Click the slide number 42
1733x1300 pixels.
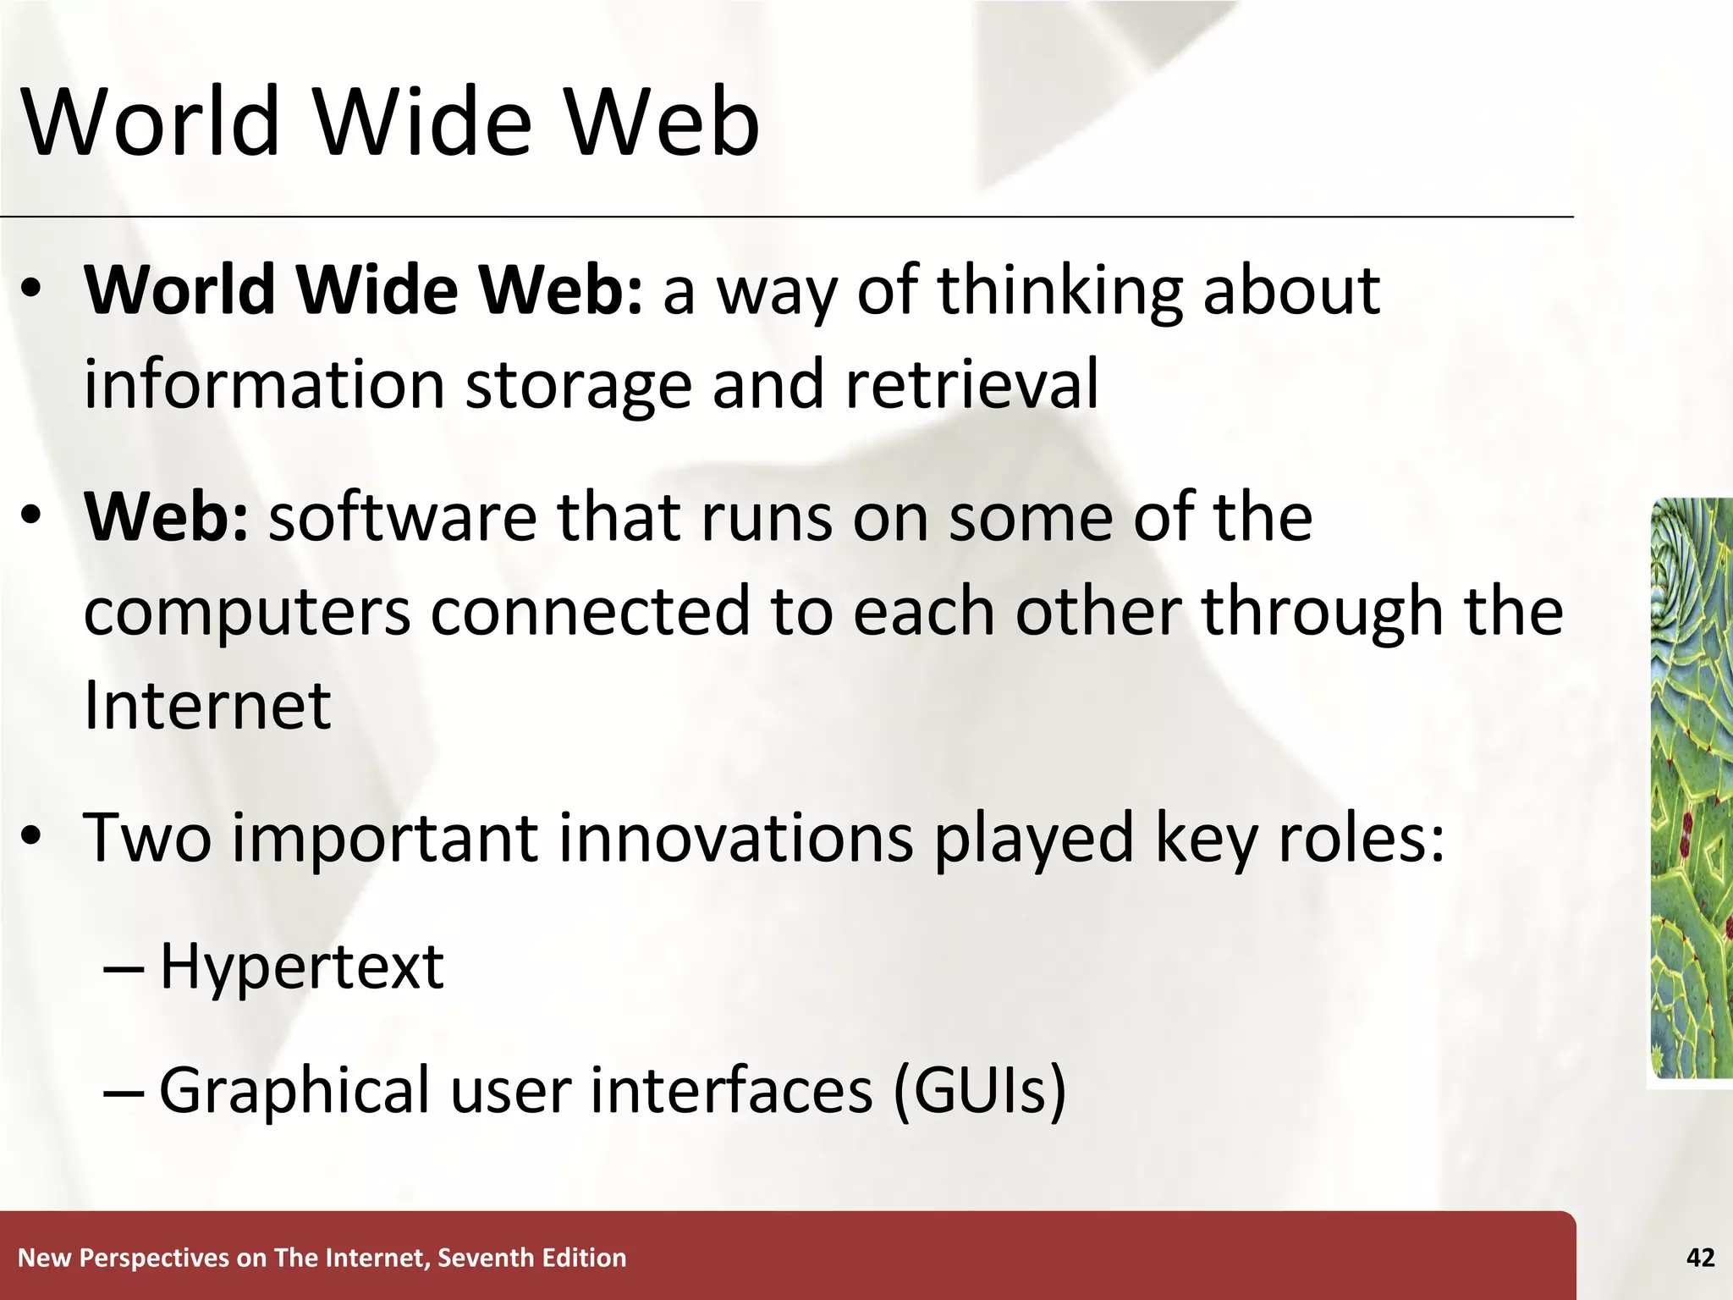pos(1700,1258)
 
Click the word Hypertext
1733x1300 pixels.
pos(301,967)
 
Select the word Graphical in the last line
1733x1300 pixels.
pos(294,1092)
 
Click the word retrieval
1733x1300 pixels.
pos(971,384)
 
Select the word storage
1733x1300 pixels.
pos(579,386)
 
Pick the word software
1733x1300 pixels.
pos(402,517)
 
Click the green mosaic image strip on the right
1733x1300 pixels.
pos(1691,787)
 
